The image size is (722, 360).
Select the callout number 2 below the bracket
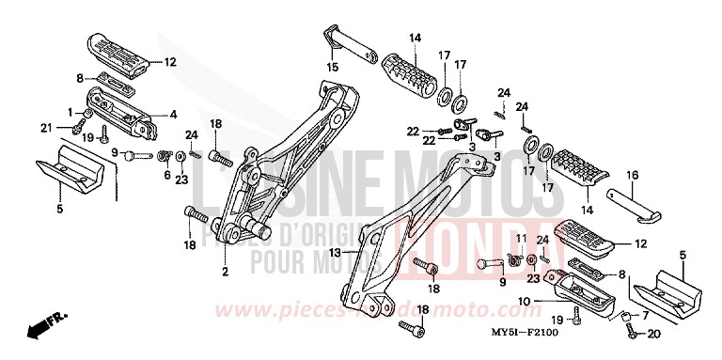pos(225,273)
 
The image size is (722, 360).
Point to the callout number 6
pos(168,174)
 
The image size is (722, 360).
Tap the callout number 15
pos(331,67)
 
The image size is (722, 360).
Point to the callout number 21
pos(43,128)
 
